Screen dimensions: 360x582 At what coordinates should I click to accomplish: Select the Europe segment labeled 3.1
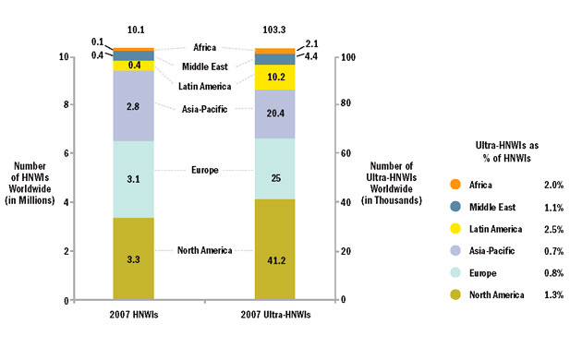click(x=133, y=178)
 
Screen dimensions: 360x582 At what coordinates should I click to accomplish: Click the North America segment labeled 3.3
click(x=133, y=259)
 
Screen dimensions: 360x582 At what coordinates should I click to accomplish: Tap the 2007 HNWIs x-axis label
click(x=133, y=316)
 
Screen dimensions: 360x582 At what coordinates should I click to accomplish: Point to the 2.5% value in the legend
click(x=551, y=230)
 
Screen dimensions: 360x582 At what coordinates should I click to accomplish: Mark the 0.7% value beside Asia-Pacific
click(x=551, y=251)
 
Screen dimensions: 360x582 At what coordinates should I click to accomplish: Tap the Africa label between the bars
click(x=204, y=47)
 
